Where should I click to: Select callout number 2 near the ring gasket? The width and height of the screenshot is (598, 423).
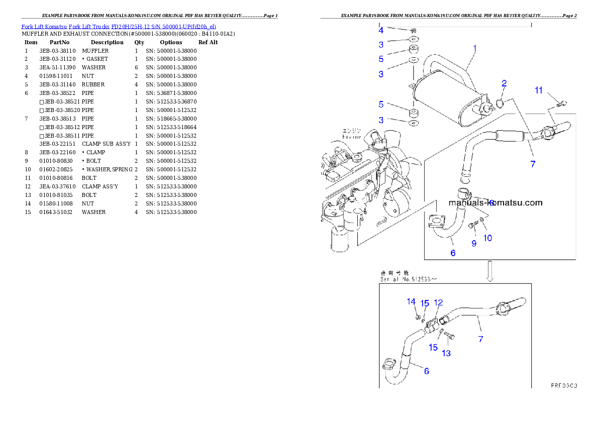coord(504,83)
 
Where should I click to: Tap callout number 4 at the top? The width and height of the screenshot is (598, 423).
coord(381,30)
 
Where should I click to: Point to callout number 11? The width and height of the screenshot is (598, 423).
coord(539,90)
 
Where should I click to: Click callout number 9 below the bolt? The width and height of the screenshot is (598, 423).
coord(473,244)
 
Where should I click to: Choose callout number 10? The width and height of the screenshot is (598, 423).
coord(488,238)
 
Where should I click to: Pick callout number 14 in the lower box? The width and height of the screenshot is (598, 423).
coord(411,301)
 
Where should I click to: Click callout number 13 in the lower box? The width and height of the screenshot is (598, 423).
coord(446,353)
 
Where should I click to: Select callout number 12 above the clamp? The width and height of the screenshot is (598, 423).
coord(439,302)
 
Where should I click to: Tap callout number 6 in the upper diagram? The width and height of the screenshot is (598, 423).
coord(453,253)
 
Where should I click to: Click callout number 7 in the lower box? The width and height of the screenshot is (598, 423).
coord(481,339)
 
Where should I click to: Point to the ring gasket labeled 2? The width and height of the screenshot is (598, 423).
coord(501,104)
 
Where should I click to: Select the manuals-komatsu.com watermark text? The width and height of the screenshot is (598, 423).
coord(495,203)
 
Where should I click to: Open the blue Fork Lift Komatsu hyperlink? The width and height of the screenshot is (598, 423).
coord(119,26)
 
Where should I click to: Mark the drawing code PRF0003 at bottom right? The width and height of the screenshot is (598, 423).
coord(564,386)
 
